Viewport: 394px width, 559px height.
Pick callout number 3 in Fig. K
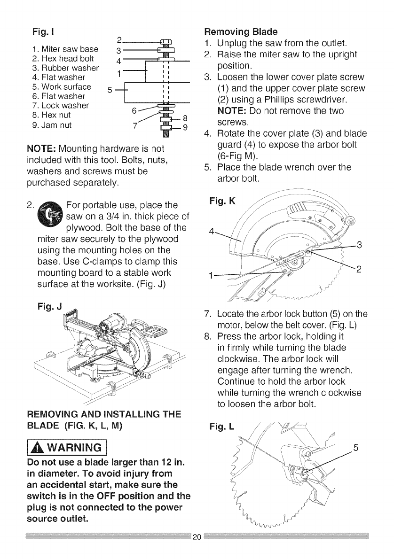[359, 244]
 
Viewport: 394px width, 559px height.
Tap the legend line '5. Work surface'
[62, 87]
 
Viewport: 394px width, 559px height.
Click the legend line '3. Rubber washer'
[65, 68]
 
